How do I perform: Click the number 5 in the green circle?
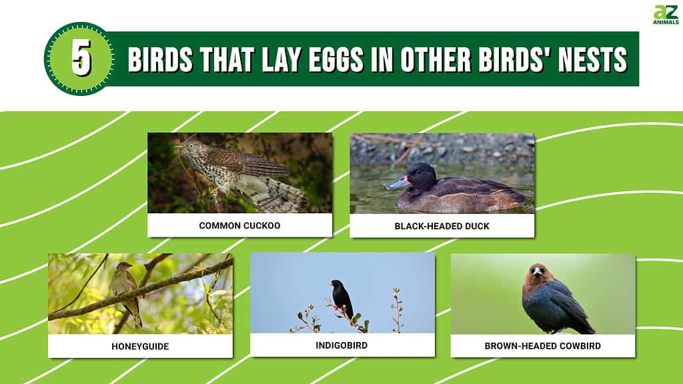pos(81,57)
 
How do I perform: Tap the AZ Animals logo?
pos(666,15)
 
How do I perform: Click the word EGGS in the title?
pos(336,59)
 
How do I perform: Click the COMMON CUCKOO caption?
pos(239,225)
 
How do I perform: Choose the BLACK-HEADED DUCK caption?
pos(442,226)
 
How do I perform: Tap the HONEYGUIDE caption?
pos(140,347)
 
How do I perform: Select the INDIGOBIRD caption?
pos(341,345)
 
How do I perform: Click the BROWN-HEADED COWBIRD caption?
pos(543,346)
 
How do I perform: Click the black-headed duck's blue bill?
pos(396,183)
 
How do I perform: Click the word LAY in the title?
pos(281,59)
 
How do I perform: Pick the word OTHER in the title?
pos(436,59)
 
